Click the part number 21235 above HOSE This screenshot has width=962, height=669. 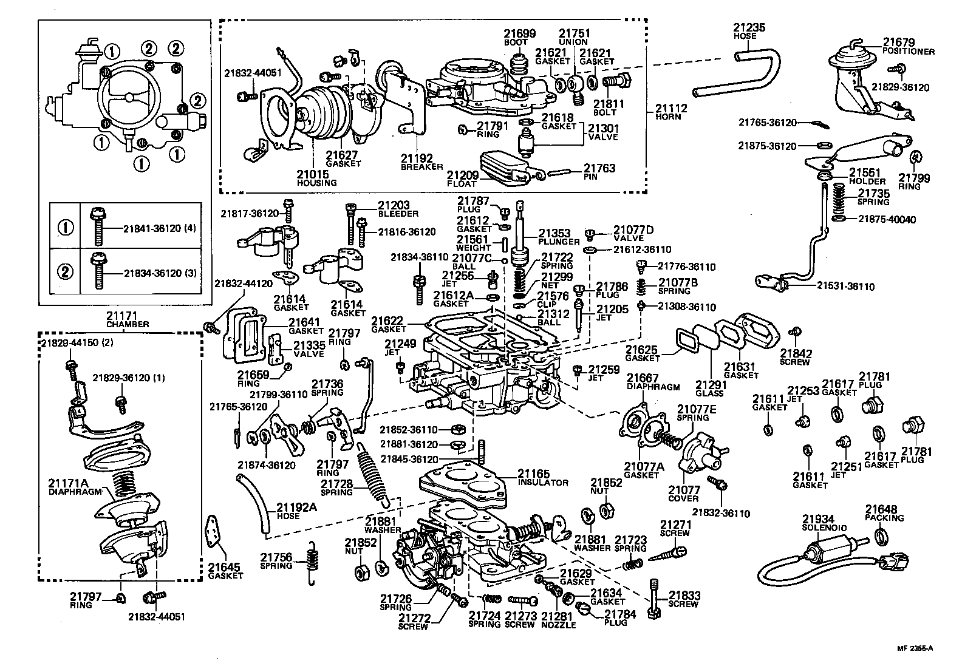[x=748, y=28]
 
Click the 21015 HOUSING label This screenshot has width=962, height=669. [x=316, y=178]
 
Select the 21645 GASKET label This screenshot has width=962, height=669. [x=225, y=571]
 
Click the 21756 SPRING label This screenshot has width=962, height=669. [x=276, y=561]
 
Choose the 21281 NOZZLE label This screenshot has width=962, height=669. [x=558, y=620]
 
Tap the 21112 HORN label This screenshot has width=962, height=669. [x=670, y=112]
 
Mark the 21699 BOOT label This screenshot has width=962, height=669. [x=519, y=37]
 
